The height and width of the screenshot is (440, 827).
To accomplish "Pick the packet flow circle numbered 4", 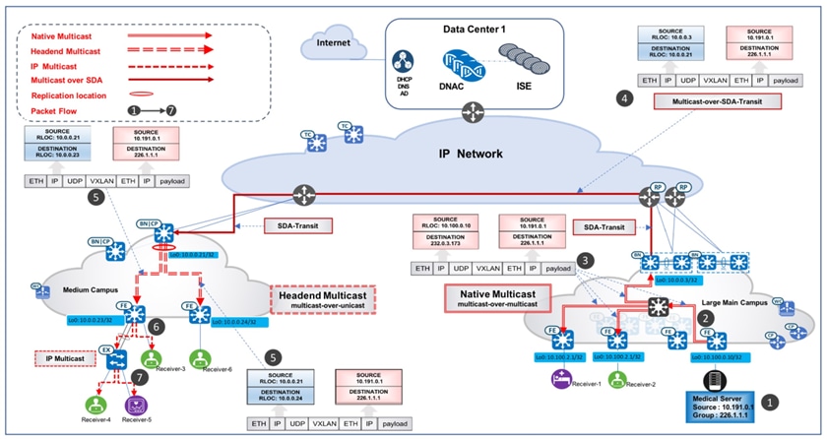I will point(621,97).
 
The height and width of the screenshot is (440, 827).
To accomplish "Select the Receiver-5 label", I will point(137,420).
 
